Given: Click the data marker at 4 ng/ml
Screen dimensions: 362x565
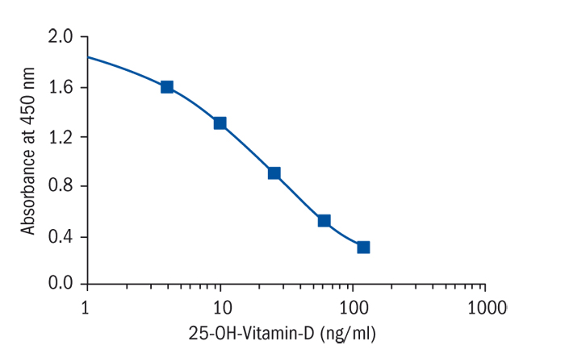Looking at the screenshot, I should point(167,87).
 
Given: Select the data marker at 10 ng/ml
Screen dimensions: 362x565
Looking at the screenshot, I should point(220,123).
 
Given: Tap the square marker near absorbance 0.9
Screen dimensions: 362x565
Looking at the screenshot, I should point(274,173).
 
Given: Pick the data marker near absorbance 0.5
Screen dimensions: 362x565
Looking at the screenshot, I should point(324,220).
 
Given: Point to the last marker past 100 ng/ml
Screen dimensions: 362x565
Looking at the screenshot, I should point(363,247).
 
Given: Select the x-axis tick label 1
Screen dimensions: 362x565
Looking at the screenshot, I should point(86,307).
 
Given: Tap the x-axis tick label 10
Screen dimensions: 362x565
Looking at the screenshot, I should point(220,307).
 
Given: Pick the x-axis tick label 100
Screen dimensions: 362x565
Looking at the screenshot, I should point(352,307).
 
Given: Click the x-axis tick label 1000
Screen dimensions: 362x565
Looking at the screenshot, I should point(485,307).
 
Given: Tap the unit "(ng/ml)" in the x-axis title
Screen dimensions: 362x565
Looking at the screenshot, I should point(349,331).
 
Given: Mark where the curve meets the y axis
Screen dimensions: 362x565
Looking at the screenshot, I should point(87,56).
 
